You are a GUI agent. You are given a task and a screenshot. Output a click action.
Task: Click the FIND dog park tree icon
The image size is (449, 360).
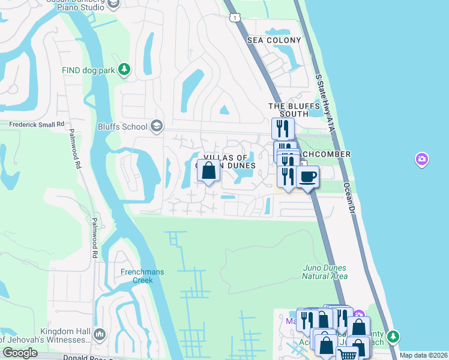[124, 70]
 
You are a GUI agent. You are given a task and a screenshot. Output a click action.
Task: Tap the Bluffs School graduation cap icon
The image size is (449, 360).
[157, 126]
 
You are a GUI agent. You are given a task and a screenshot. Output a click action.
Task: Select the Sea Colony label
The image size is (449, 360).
[274, 40]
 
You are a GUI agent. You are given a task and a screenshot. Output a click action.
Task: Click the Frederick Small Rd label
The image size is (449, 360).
[37, 125]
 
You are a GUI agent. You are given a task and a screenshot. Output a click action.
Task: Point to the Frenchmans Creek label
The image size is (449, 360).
[142, 276]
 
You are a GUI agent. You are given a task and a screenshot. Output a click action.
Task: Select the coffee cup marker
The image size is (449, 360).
[307, 177]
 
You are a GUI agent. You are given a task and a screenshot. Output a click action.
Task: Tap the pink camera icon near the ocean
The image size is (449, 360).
[422, 159]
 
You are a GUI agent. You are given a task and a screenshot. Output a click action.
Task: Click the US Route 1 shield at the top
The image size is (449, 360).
[235, 18]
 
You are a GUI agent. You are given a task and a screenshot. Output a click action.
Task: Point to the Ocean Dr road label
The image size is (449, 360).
[350, 199]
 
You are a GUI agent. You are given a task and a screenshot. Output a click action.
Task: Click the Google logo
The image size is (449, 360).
[20, 353]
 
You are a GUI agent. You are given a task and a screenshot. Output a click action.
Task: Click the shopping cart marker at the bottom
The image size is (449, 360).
[348, 354]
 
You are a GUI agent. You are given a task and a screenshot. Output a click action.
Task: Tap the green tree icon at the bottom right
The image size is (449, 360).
[393, 335]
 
